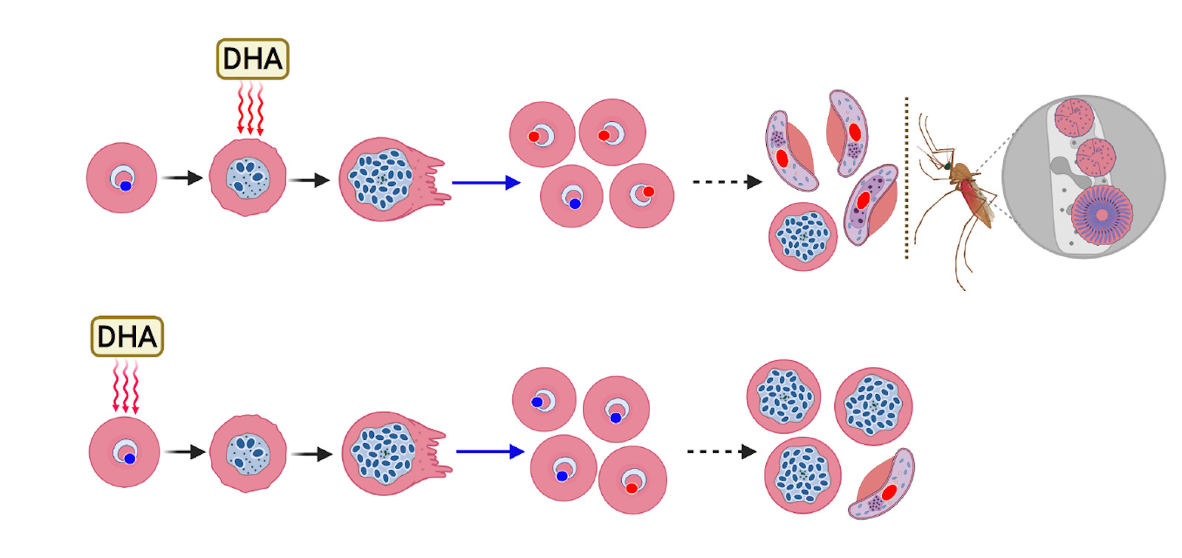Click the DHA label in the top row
coord(253,59)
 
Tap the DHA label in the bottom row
coord(127,337)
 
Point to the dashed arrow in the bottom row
coord(721,451)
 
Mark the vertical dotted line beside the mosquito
coord(906,177)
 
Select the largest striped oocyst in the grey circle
coord(1101,215)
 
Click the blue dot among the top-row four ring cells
coord(575,204)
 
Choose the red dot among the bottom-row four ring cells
coord(632,488)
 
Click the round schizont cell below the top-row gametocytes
coord(803,236)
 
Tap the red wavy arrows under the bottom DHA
coord(125,386)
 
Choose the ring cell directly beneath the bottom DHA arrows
coord(124,452)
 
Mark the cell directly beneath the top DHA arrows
coord(247,177)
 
